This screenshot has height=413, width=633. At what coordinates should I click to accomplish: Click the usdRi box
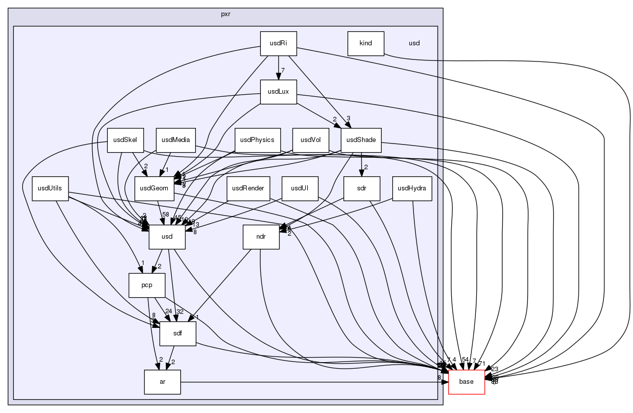[278, 43]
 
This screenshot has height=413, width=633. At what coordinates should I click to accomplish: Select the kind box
[366, 43]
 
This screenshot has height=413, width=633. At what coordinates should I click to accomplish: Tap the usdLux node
[278, 92]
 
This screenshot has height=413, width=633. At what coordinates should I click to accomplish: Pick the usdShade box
[361, 140]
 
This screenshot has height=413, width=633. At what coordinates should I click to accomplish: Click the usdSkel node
[125, 140]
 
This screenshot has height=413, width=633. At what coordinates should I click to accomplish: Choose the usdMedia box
[175, 140]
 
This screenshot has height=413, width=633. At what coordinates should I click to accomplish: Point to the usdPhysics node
[257, 140]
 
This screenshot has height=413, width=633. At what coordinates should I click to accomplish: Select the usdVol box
[311, 140]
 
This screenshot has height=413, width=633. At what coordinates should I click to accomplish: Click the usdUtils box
[50, 188]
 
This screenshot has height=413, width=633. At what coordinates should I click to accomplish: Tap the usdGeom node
[154, 188]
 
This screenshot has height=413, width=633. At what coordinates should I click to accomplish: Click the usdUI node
[300, 188]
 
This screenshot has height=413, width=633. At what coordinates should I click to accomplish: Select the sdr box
[361, 188]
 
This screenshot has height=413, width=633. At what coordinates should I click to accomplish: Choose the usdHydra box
[412, 188]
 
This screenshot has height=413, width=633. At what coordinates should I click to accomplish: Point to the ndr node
[261, 237]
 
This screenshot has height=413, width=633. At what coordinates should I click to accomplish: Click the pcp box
[147, 285]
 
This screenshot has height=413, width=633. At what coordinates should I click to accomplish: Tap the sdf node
[177, 333]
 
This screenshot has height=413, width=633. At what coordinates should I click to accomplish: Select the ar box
[162, 382]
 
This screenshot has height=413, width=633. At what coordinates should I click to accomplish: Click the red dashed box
[466, 382]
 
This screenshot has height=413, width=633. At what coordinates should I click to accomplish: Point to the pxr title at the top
[226, 14]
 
